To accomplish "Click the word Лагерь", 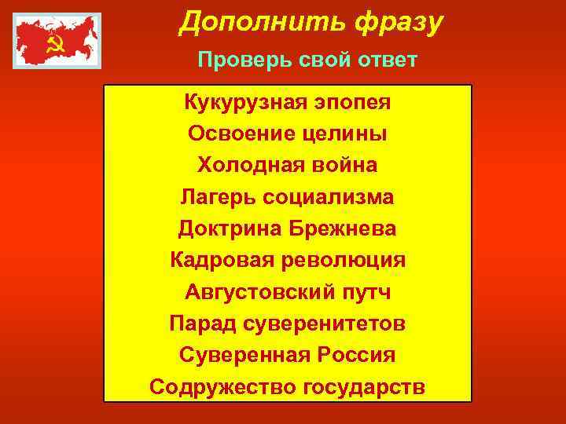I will tap(215, 197).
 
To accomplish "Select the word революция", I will tap(338, 261).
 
